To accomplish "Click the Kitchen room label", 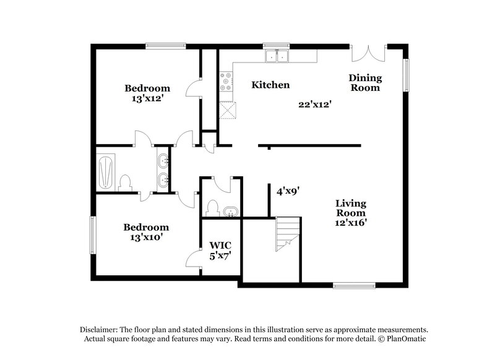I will [x=270, y=85].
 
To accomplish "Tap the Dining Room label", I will [x=365, y=83].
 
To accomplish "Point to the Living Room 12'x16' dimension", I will [x=351, y=223].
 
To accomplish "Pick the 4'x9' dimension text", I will [x=288, y=192].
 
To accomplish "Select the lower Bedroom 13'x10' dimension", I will [x=147, y=237].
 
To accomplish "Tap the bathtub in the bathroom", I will [x=106, y=171].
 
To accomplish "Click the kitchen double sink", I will [x=277, y=57].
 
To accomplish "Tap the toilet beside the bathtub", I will [x=126, y=182].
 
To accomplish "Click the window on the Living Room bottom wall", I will [x=353, y=285].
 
